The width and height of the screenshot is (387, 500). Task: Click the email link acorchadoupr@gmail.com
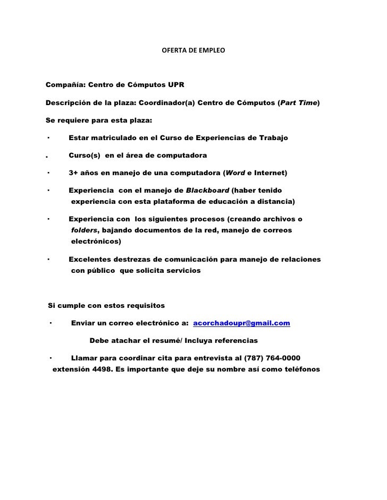click(x=241, y=323)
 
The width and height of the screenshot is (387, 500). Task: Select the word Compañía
click(x=64, y=84)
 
